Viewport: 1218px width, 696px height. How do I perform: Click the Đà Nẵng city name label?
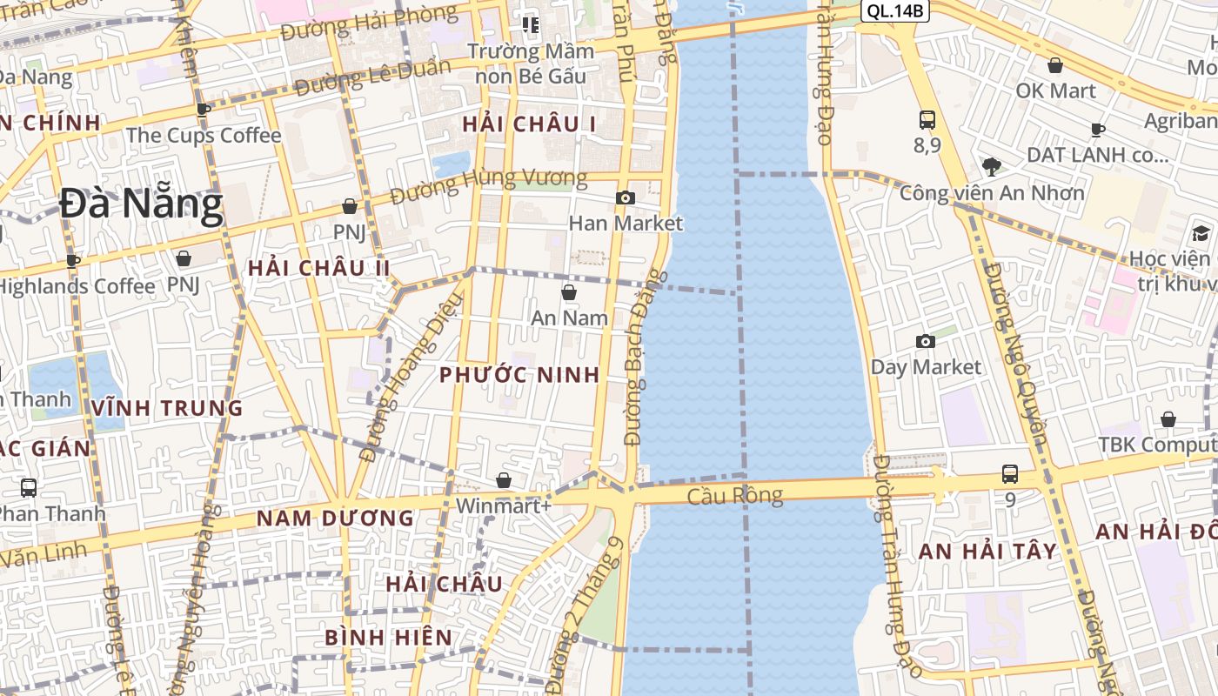pos(142,204)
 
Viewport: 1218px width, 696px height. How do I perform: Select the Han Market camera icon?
pos(625,198)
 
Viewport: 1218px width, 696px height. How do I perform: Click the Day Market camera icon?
pos(926,341)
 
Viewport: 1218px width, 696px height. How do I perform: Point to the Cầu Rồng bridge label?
pos(734,496)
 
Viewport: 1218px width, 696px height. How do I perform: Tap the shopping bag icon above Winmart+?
pos(503,480)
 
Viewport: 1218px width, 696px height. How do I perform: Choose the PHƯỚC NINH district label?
pos(519,375)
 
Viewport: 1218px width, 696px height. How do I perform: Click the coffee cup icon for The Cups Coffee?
pos(203,110)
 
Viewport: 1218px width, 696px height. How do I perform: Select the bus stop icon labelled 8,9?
pos(927,120)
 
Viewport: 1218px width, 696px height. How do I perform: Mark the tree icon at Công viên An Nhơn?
pos(990,166)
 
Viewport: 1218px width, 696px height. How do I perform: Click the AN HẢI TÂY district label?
pos(987,551)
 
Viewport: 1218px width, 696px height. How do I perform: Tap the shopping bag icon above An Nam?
pos(569,292)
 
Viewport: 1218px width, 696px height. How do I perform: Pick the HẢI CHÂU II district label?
pos(319,268)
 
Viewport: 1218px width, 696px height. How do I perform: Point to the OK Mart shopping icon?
pos(1055,65)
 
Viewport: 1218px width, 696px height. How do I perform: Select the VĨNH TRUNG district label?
pos(167,407)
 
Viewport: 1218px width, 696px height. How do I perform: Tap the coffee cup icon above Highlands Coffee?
pos(73,260)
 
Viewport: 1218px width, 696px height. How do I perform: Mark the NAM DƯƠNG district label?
pos(335,519)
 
